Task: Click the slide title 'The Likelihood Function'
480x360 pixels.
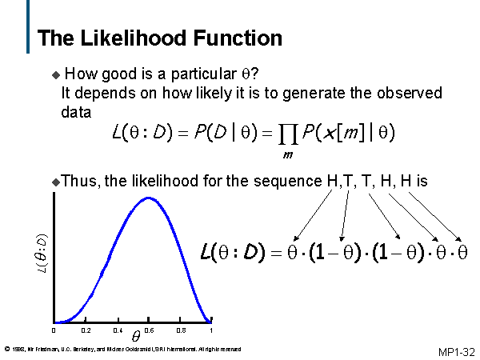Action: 159,38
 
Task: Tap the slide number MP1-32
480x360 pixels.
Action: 456,351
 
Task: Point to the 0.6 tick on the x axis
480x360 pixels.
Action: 148,330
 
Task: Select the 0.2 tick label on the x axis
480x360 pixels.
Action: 86,330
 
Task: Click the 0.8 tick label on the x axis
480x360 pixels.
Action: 181,330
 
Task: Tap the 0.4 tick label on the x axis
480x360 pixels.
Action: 117,330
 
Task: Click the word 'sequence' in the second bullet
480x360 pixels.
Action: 289,182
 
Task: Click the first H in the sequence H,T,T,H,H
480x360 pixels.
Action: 332,182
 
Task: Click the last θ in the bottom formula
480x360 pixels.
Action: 462,254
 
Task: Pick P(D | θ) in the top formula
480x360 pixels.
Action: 242,132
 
